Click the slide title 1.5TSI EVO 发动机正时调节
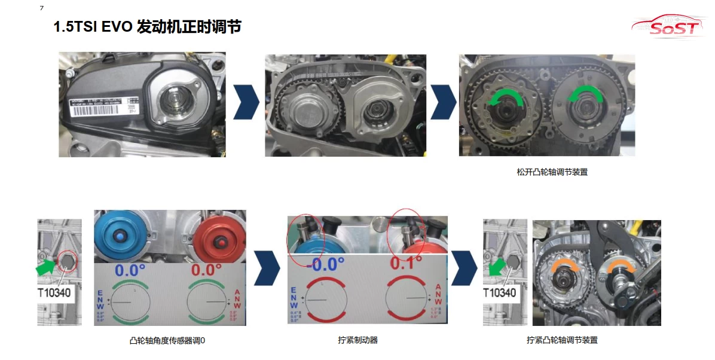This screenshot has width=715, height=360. tap(147, 27)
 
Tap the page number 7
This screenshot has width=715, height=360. tap(42, 8)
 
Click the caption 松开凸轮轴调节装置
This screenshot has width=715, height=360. tap(552, 172)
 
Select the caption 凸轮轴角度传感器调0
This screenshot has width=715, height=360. tap(167, 340)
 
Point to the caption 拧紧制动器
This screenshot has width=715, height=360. tap(357, 340)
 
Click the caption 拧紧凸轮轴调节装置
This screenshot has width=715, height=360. tap(562, 340)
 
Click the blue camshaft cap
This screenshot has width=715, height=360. tap(122, 235)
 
